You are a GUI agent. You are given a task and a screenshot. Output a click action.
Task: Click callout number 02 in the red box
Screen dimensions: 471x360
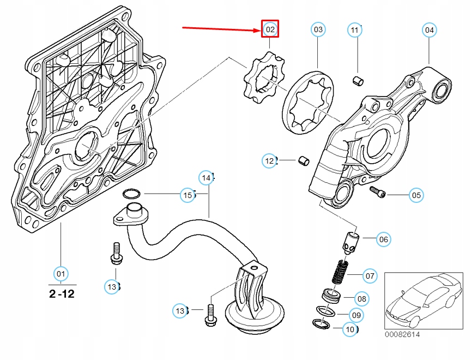(x=270, y=29)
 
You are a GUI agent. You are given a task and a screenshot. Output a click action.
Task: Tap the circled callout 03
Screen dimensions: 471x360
(x=318, y=29)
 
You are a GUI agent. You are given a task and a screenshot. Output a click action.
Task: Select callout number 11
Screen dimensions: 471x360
(x=355, y=30)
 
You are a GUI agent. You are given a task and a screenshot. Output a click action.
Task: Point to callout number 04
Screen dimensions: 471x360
(x=429, y=30)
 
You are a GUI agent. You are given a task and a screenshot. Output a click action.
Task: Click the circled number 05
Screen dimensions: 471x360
(x=416, y=195)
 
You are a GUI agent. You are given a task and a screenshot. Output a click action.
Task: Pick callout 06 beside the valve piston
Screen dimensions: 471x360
(x=384, y=239)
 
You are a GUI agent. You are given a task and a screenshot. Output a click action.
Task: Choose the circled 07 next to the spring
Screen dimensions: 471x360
(x=370, y=276)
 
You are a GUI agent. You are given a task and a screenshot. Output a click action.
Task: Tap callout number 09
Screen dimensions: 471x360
(x=357, y=315)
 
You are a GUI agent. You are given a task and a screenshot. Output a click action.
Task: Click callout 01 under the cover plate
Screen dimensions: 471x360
(x=61, y=274)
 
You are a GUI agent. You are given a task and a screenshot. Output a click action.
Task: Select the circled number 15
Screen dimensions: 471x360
(x=188, y=195)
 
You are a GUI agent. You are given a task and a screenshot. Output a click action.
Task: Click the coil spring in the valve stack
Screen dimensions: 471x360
(x=340, y=272)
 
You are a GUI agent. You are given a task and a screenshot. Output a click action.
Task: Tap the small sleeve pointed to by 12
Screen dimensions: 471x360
(x=304, y=161)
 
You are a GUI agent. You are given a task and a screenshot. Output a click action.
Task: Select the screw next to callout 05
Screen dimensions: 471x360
(x=377, y=192)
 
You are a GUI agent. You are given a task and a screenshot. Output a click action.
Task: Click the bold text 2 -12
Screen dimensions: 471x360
(x=62, y=293)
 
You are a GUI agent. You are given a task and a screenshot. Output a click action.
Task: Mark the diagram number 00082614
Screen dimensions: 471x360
(x=402, y=334)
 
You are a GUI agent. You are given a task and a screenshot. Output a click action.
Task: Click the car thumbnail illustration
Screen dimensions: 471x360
(x=424, y=301)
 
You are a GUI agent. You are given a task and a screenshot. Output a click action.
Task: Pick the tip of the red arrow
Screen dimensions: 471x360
(x=261, y=30)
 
